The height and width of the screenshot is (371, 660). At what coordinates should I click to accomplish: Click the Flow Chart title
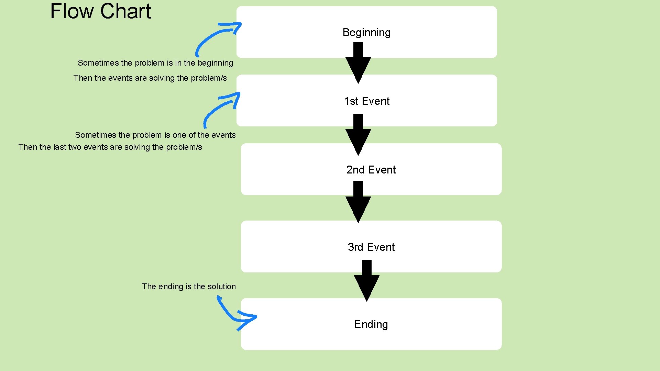point(100,11)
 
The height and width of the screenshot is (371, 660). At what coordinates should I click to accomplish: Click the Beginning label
point(366,33)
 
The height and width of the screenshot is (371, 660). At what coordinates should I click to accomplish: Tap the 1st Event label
point(366,101)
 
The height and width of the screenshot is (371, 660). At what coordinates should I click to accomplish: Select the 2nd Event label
point(371,170)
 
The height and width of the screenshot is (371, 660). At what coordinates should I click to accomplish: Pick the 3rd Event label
point(371,247)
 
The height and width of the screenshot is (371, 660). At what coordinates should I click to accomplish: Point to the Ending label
point(371,325)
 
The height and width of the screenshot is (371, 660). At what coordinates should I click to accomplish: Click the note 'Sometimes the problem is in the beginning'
point(155,63)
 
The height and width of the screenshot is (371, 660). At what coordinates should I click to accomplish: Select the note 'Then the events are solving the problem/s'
point(150,78)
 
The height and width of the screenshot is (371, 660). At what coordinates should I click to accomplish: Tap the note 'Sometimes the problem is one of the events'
point(155,135)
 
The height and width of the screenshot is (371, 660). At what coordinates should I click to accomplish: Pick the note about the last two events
point(110,147)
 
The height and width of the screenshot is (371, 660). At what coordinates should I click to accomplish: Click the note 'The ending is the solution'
point(189,286)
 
